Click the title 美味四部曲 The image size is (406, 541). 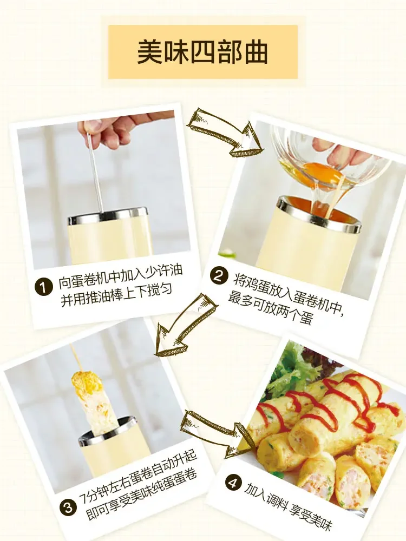coord(202,52)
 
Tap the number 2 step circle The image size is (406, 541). coord(218,276)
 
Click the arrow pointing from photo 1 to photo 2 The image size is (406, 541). coord(224,131)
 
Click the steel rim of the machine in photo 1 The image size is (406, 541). coord(108,215)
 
